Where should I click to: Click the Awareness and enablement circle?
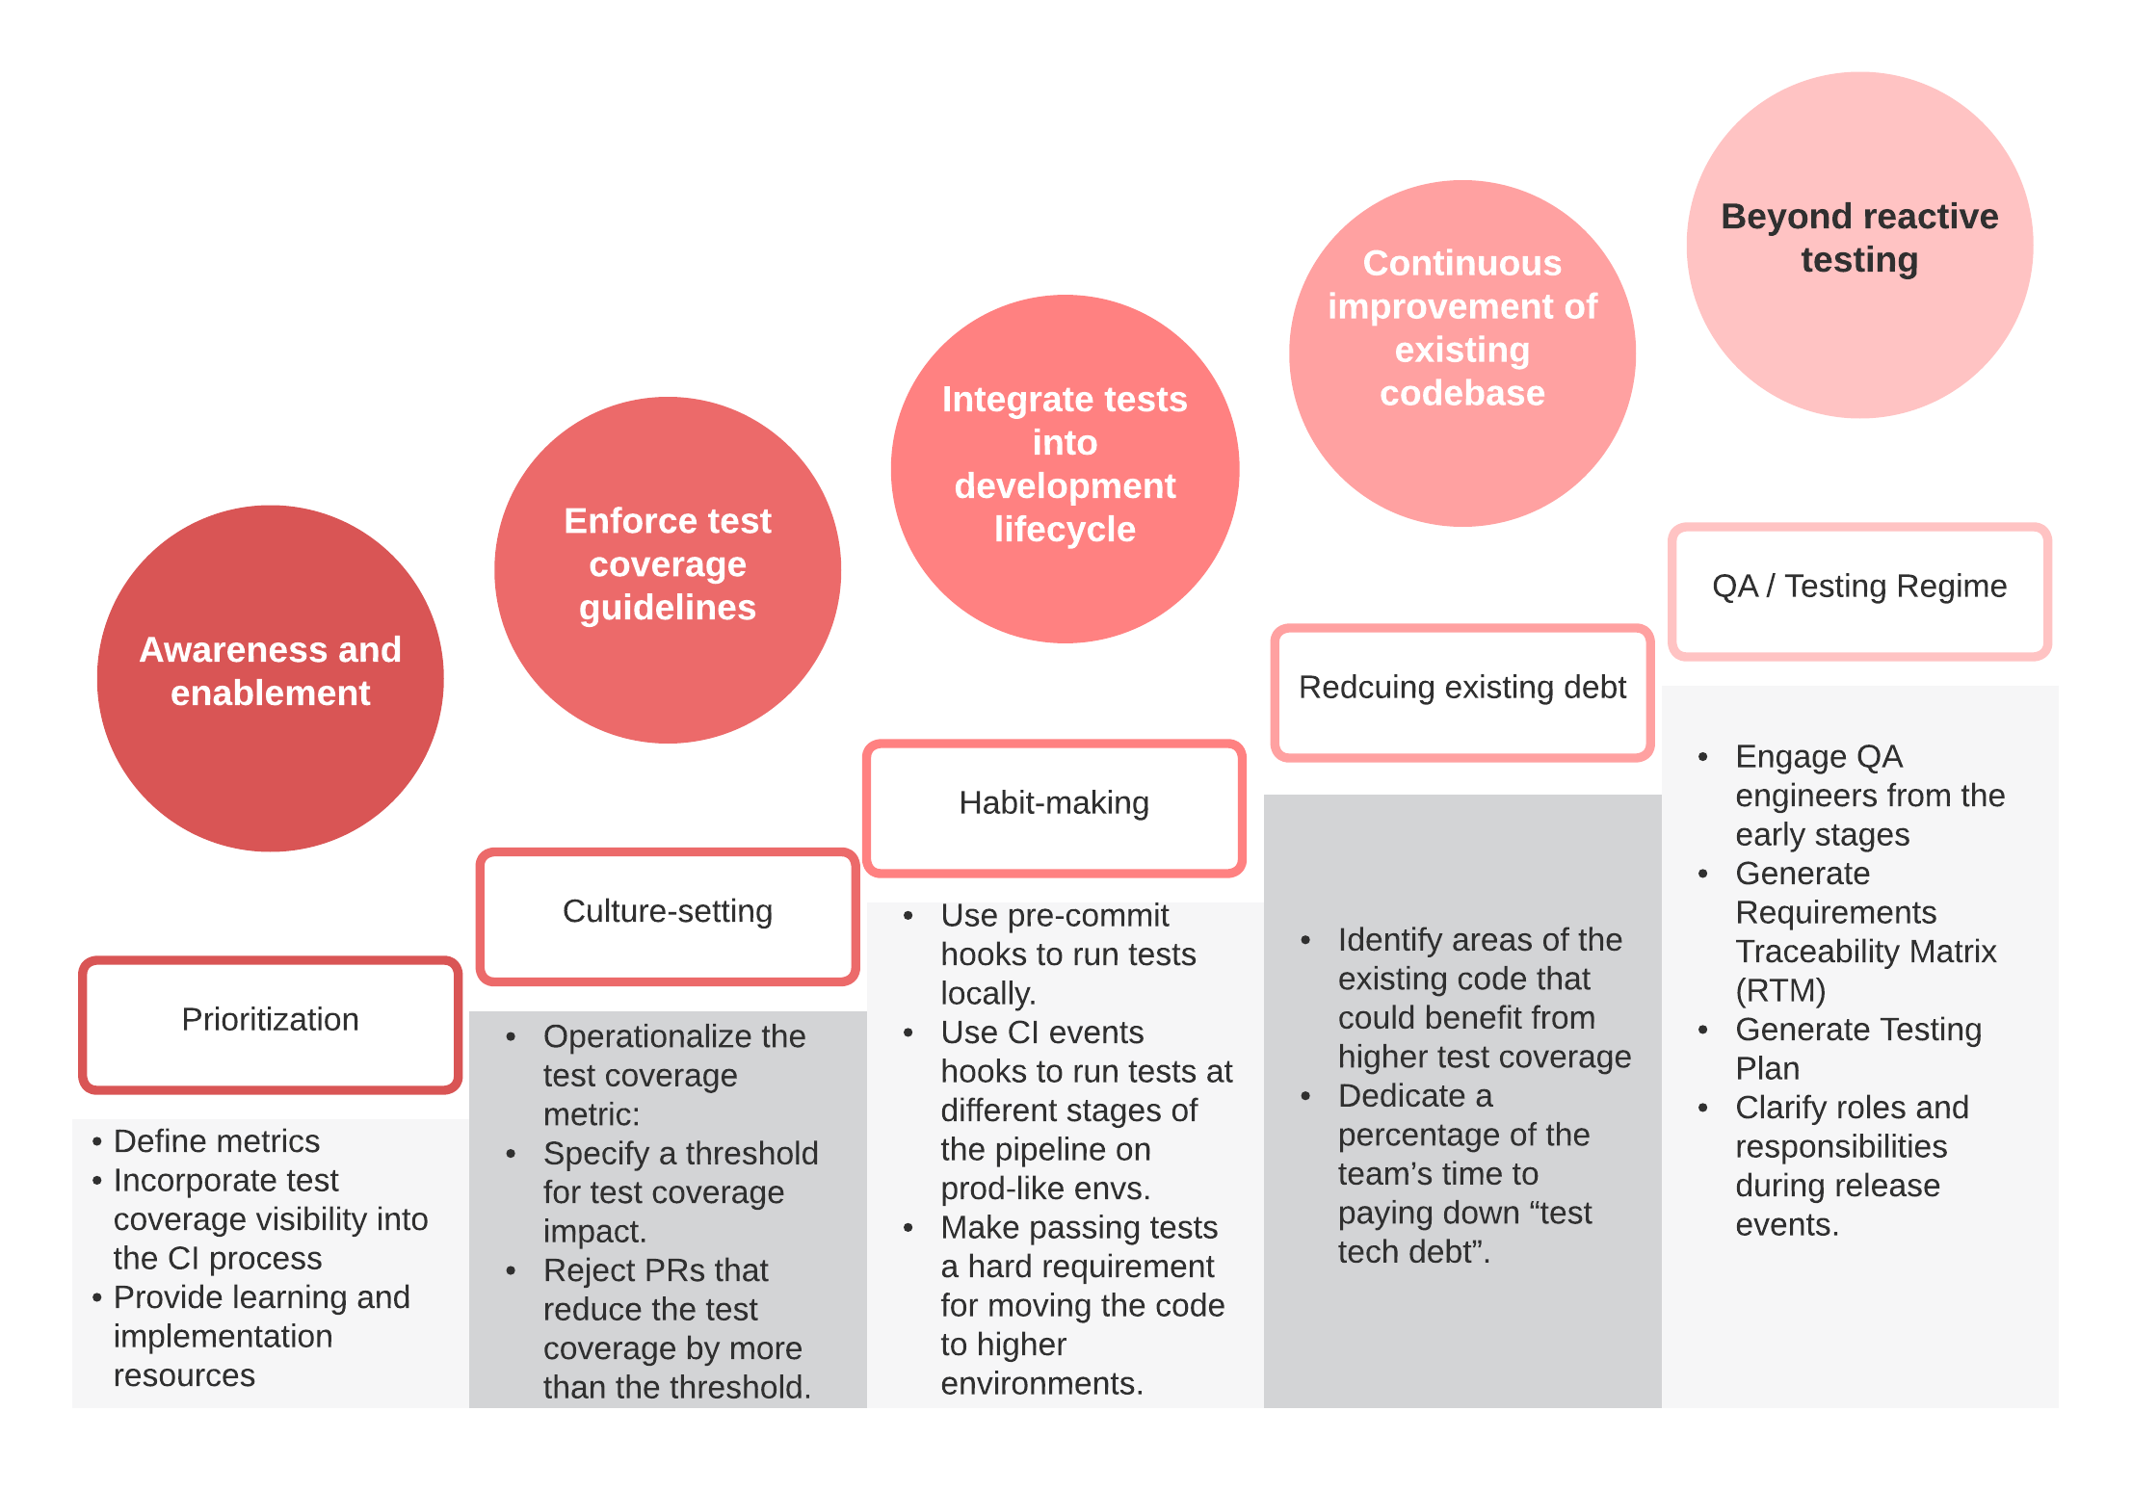(270, 678)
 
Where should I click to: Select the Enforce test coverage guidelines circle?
(668, 570)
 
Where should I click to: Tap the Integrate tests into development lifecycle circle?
(1065, 468)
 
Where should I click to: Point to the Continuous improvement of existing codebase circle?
(1461, 353)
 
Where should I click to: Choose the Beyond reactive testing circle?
(1859, 245)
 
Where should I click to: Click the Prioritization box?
(270, 1024)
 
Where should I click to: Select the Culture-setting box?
(668, 916)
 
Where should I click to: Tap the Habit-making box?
(1054, 807)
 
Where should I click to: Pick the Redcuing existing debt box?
(1461, 692)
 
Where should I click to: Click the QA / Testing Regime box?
(1859, 590)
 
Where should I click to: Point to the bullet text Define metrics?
(216, 1141)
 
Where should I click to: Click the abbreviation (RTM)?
(1780, 990)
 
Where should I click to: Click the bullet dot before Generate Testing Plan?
(1703, 1031)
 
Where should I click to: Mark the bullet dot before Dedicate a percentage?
(1305, 1096)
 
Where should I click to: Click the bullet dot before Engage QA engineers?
(1703, 758)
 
